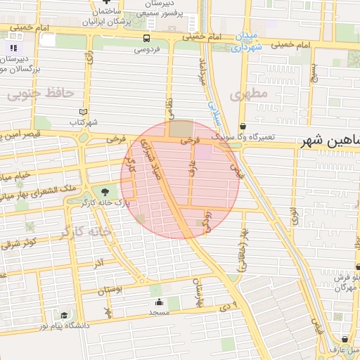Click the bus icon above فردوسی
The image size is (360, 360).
[x=146, y=39]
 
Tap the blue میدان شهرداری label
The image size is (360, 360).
[x=245, y=41]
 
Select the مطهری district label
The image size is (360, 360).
[x=254, y=94]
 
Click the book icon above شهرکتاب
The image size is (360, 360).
[x=84, y=112]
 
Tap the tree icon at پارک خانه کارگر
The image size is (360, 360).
[x=104, y=191]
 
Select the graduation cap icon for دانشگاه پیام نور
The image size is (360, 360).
[x=65, y=315]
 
